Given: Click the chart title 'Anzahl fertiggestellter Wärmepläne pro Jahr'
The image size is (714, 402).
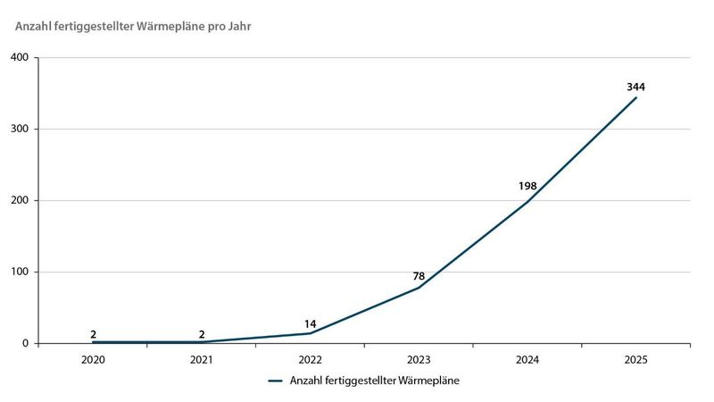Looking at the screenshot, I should point(133,25).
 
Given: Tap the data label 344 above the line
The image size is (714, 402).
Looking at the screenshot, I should point(635,87).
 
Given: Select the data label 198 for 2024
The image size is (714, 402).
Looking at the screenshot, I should point(527,187).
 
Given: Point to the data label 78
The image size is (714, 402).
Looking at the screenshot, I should point(419,276).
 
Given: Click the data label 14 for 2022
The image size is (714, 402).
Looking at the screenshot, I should point(310,322).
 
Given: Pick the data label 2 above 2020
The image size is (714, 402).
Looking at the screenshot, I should point(93,334).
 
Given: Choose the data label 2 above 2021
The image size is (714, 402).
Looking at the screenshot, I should point(202,334).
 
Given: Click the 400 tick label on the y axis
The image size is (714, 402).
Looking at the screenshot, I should point(20,58).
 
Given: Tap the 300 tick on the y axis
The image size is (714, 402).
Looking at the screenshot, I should point(20,130).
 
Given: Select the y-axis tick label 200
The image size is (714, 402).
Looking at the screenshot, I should point(20,201).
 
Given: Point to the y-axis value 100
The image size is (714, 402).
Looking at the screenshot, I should point(20,272).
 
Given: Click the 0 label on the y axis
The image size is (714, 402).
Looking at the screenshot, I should point(26,344).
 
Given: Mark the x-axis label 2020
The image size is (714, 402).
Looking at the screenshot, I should point(93,360).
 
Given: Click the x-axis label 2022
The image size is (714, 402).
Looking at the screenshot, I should point(310,360).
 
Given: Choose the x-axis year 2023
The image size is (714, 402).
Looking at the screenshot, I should point(419,360).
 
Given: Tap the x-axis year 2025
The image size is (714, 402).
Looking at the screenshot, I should point(635,360).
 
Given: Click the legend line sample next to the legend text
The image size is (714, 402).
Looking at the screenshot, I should point(275,380).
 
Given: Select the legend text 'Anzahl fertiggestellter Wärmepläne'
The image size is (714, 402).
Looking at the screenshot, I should point(375,380).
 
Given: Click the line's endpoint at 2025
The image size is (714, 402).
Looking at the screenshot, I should point(635,97).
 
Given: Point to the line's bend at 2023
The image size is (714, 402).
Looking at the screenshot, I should point(419,288).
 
